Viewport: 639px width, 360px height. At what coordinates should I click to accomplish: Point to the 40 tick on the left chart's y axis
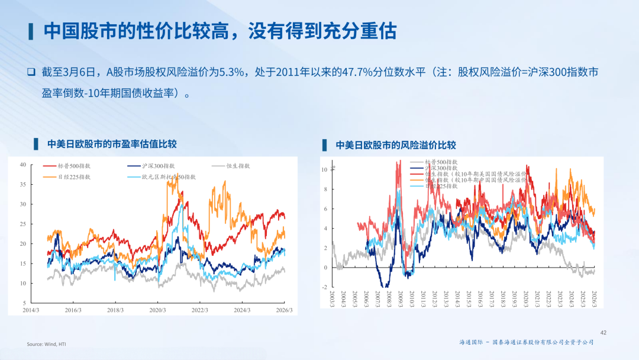pyautogui.click(x=22, y=165)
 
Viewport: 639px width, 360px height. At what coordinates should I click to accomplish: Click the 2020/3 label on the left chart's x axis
pyautogui.click(x=158, y=310)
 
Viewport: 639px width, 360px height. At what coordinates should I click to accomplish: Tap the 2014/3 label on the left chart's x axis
pyautogui.click(x=31, y=310)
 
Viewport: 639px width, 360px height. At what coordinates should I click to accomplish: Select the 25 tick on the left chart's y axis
pyautogui.click(x=22, y=224)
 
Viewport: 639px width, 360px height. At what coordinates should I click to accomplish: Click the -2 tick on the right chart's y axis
pyautogui.click(x=324, y=287)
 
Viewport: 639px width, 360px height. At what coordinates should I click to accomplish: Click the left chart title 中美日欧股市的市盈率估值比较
pyautogui.click(x=112, y=144)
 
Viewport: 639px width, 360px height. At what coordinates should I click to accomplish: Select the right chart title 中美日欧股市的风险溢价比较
pyautogui.click(x=396, y=145)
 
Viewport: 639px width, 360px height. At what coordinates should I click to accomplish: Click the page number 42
pyautogui.click(x=603, y=333)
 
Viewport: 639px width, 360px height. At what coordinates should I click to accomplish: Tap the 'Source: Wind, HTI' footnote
pyautogui.click(x=46, y=344)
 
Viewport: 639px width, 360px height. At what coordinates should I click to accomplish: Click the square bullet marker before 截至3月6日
pyautogui.click(x=31, y=72)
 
